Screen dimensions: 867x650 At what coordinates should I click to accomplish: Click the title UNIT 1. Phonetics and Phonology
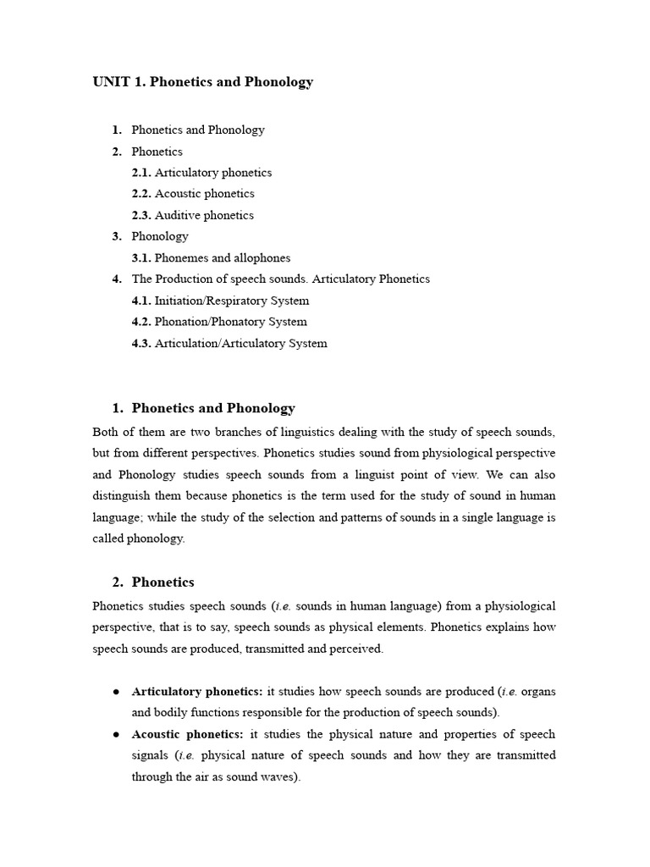point(202,82)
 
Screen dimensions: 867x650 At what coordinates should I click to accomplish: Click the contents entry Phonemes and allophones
point(222,258)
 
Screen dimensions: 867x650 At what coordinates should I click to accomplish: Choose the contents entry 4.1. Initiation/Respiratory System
point(220,301)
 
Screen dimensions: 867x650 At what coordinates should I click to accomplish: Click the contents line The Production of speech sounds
point(280,279)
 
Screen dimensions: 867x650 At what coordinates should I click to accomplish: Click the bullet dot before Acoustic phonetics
point(116,734)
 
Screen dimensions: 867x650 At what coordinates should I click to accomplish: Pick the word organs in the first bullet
point(538,692)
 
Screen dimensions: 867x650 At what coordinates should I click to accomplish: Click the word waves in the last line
point(278,776)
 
